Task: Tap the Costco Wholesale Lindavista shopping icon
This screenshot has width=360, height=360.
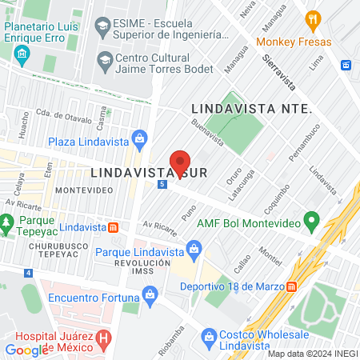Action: (209, 336)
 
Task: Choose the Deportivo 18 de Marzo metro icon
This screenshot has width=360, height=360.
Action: (292, 286)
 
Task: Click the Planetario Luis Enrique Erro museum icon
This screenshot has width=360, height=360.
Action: (20, 55)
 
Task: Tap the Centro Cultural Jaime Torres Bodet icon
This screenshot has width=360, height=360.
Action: (104, 59)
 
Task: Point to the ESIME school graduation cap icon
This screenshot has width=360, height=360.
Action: (102, 27)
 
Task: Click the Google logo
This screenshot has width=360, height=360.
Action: (26, 350)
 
